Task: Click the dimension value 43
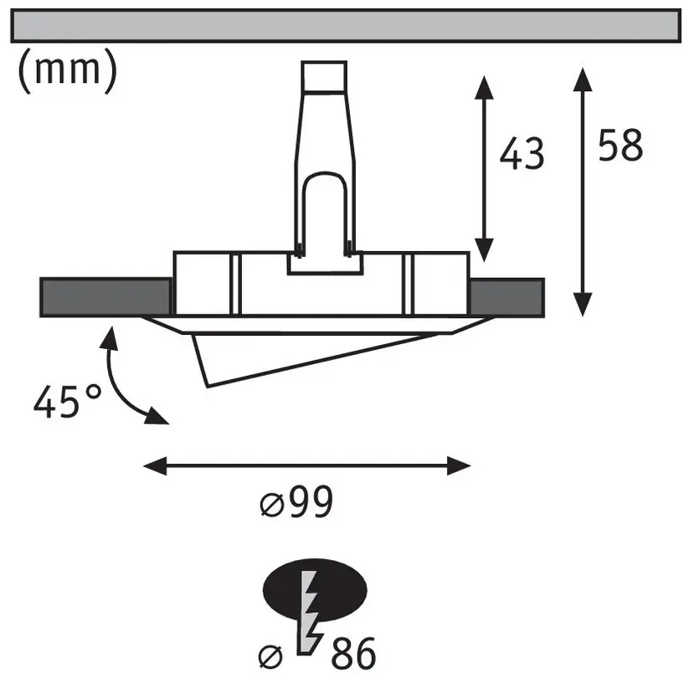click(522, 153)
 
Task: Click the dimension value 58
click(620, 145)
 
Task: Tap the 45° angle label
click(68, 402)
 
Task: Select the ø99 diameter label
click(296, 502)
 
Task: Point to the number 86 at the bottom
click(353, 654)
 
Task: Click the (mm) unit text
click(68, 70)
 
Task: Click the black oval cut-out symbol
click(315, 589)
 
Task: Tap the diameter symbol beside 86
click(270, 656)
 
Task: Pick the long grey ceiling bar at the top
click(346, 26)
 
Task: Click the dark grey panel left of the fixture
click(106, 297)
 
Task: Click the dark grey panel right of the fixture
click(507, 297)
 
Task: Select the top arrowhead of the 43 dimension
click(484, 87)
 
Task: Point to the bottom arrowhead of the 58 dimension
click(583, 305)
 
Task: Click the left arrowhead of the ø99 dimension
click(155, 465)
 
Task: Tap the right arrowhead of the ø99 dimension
click(459, 465)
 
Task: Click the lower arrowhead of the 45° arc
click(156, 416)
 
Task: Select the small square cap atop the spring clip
click(324, 76)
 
